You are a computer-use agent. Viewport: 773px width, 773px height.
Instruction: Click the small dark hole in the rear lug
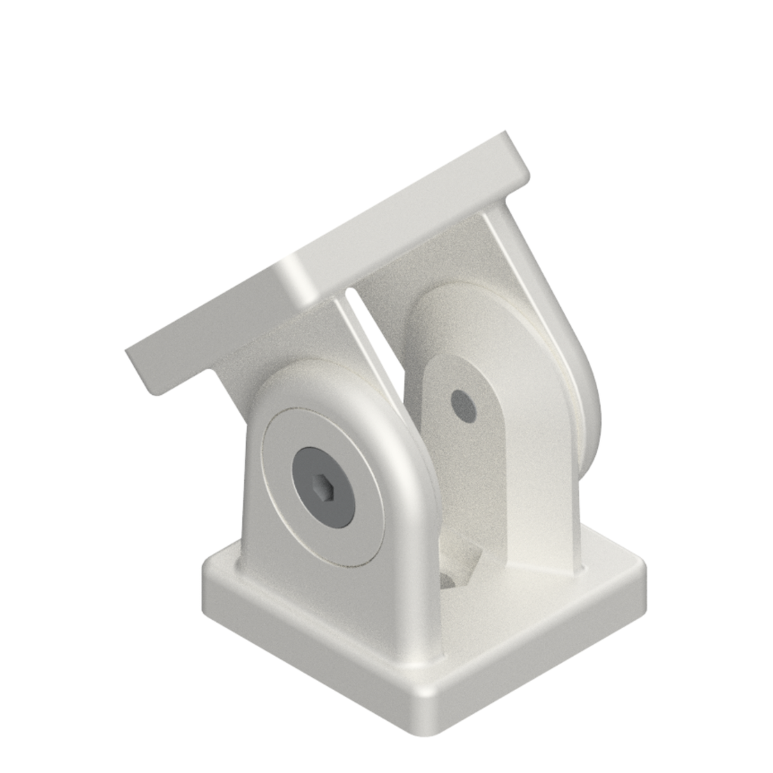463,405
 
